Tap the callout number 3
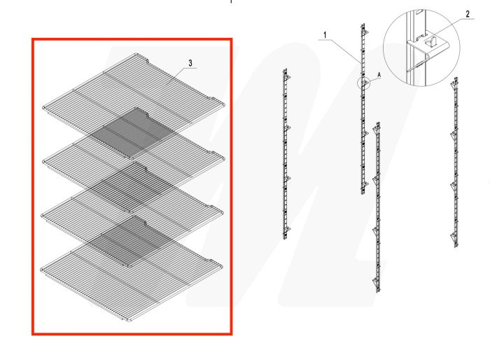click(x=190, y=63)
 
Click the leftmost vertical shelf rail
click(x=286, y=154)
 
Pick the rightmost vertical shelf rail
click(x=456, y=161)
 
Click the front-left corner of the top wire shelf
click(x=45, y=107)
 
